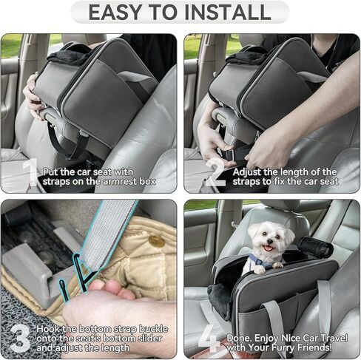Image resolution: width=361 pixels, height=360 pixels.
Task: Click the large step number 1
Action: [29, 173]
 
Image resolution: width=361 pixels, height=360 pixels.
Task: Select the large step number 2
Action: [215, 173]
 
